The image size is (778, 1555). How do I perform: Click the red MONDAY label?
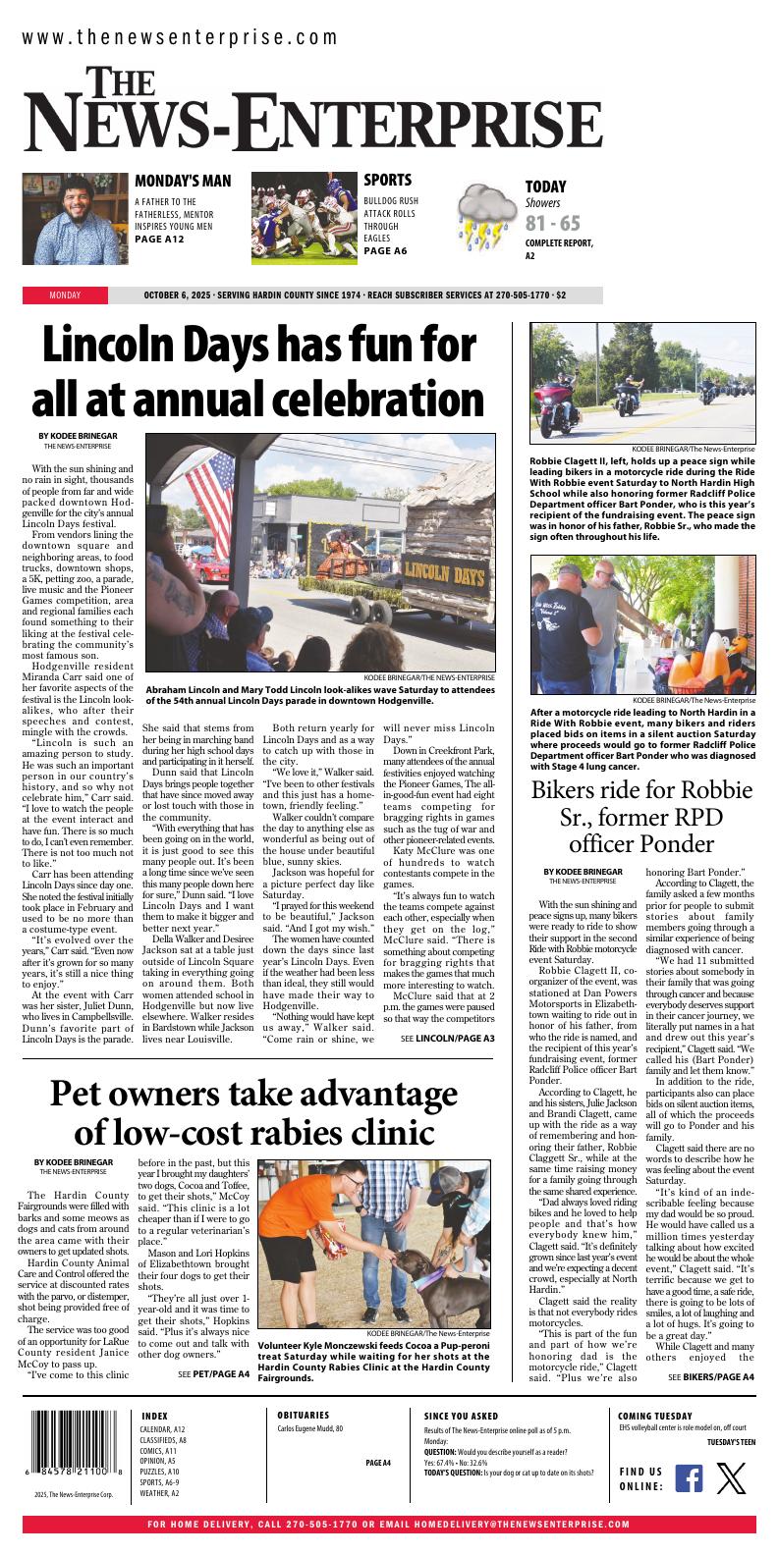pos(65,295)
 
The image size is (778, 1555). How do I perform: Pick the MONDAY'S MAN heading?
pos(183,181)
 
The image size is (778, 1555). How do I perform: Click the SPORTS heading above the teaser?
pos(387,180)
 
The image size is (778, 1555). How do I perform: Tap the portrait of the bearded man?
pos(76,218)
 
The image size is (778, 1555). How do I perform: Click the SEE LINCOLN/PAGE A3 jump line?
pos(447,1038)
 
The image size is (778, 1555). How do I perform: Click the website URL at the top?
pos(180,38)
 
